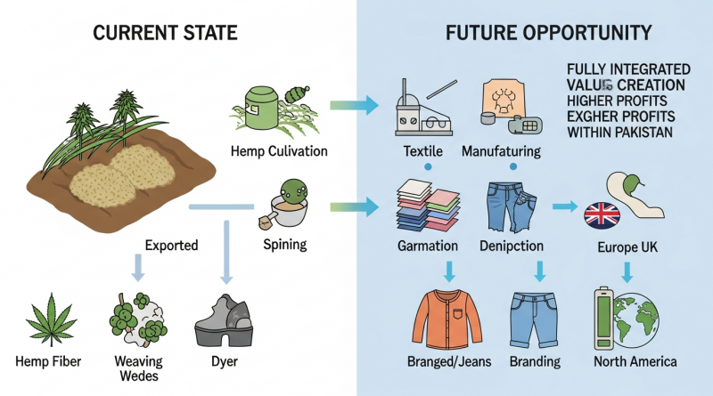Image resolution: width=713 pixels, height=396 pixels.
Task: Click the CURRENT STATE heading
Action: point(165,33)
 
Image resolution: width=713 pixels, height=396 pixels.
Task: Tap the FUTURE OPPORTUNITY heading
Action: point(548,33)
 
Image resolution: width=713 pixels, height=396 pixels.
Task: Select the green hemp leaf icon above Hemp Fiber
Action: point(51,319)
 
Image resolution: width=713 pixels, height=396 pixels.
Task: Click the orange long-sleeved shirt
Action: point(448,319)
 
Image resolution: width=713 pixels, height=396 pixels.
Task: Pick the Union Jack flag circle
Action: point(602,214)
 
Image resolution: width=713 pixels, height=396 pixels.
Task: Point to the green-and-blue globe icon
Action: point(635,320)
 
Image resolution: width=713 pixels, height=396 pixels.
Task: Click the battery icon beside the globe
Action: point(603,318)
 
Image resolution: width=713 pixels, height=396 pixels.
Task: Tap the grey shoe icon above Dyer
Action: point(224,320)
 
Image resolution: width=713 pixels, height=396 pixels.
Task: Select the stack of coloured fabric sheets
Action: point(428,206)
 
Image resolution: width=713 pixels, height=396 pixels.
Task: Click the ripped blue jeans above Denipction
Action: point(512,206)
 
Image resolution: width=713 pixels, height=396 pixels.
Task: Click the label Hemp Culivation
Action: point(279,151)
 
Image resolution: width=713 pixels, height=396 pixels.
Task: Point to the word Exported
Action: point(171,246)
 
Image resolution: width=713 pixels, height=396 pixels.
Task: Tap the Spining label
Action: point(284,245)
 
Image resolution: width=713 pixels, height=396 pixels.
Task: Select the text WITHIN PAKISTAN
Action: point(619,133)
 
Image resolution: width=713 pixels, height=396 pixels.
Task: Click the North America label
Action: point(635,361)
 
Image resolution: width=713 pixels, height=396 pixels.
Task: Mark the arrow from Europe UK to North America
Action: point(627,272)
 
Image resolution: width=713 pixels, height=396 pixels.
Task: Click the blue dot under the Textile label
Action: point(428,167)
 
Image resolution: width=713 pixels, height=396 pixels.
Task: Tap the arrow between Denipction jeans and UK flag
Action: point(564,206)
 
